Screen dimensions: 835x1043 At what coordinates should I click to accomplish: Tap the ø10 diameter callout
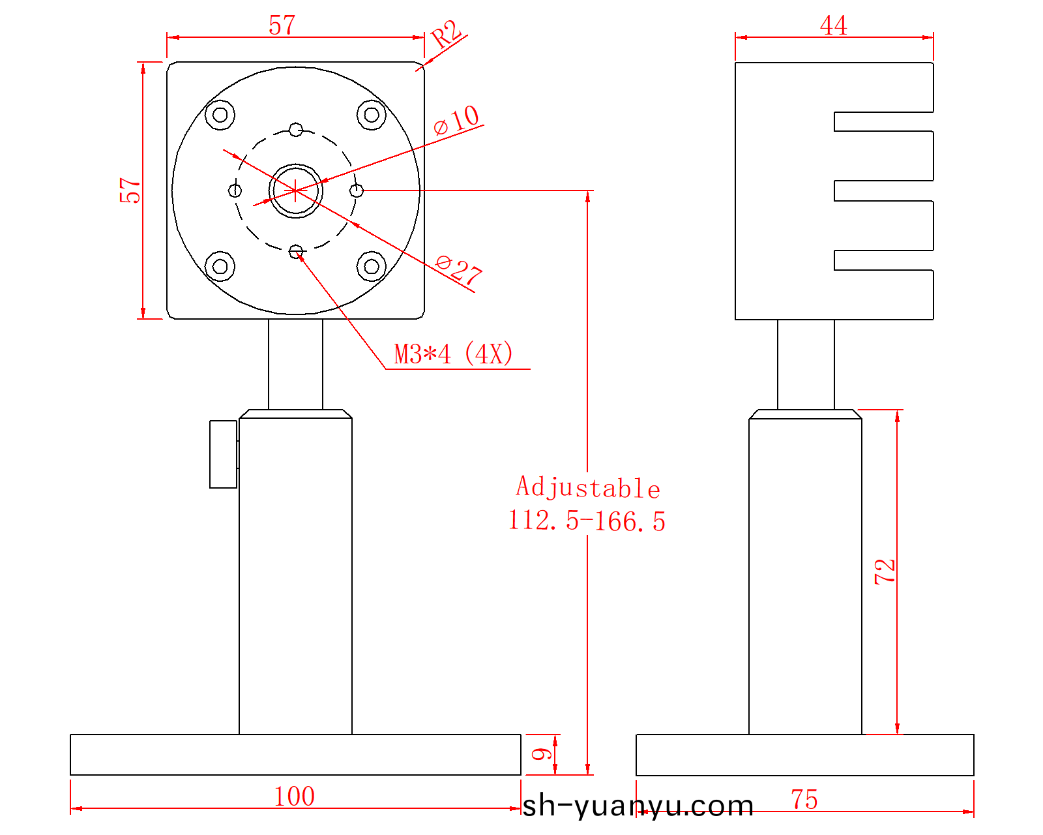[457, 120]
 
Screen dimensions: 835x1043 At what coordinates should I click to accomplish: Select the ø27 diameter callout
[459, 269]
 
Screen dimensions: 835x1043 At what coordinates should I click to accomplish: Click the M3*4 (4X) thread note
[454, 354]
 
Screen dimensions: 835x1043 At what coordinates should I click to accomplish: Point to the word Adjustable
[588, 488]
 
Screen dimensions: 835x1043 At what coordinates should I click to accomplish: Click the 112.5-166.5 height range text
[587, 521]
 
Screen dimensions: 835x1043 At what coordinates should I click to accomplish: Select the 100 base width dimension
[294, 797]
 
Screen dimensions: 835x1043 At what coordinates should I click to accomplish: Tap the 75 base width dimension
[804, 800]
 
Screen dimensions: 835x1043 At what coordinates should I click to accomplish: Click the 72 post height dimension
[885, 571]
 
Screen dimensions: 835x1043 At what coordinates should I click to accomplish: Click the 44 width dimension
[834, 26]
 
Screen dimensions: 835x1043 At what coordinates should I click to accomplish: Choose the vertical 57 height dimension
[130, 190]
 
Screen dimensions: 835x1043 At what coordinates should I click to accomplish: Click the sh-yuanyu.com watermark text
[638, 806]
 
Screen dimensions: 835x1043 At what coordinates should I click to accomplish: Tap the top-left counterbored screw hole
[220, 115]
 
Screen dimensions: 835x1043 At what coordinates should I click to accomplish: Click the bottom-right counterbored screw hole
[372, 266]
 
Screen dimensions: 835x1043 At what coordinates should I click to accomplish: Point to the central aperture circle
[296, 190]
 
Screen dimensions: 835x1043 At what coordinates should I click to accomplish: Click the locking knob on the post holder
[223, 454]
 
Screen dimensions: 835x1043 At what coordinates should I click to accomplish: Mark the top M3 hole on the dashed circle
[296, 129]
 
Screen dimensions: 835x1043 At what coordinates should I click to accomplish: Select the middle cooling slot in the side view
[883, 190]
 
